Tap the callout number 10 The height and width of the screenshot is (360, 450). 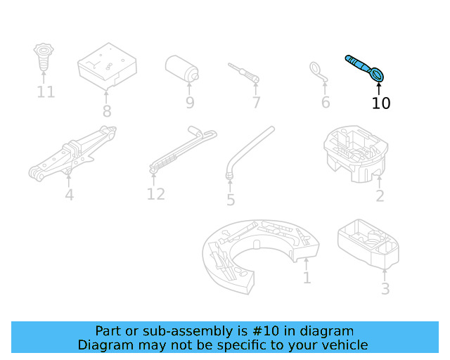[x=380, y=103]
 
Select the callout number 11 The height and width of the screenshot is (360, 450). [x=46, y=92]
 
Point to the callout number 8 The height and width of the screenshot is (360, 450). [x=107, y=111]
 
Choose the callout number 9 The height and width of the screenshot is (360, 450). [x=190, y=103]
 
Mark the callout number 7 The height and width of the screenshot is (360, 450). [x=256, y=103]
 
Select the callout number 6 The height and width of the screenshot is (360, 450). [x=325, y=103]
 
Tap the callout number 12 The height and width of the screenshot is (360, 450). [x=155, y=193]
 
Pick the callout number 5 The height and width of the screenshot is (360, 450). [x=231, y=200]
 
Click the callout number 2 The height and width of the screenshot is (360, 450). [x=380, y=196]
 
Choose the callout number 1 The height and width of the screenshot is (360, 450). [x=307, y=278]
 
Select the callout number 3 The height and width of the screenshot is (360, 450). [x=385, y=288]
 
